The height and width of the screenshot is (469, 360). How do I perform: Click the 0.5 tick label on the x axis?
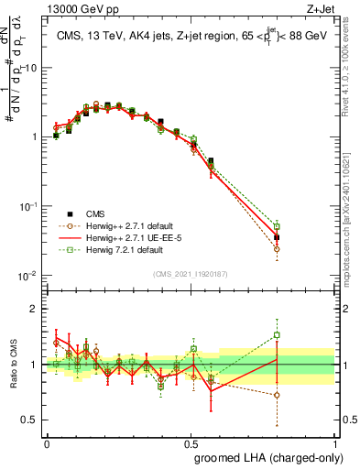pyautogui.click(x=191, y=443)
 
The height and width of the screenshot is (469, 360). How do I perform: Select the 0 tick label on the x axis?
pyautogui.click(x=47, y=443)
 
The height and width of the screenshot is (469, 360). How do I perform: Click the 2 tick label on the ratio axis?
pyautogui.click(x=35, y=309)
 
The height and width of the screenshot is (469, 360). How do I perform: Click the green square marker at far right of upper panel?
pyautogui.click(x=277, y=226)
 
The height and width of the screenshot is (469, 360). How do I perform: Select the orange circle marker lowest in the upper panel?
pyautogui.click(x=277, y=248)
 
